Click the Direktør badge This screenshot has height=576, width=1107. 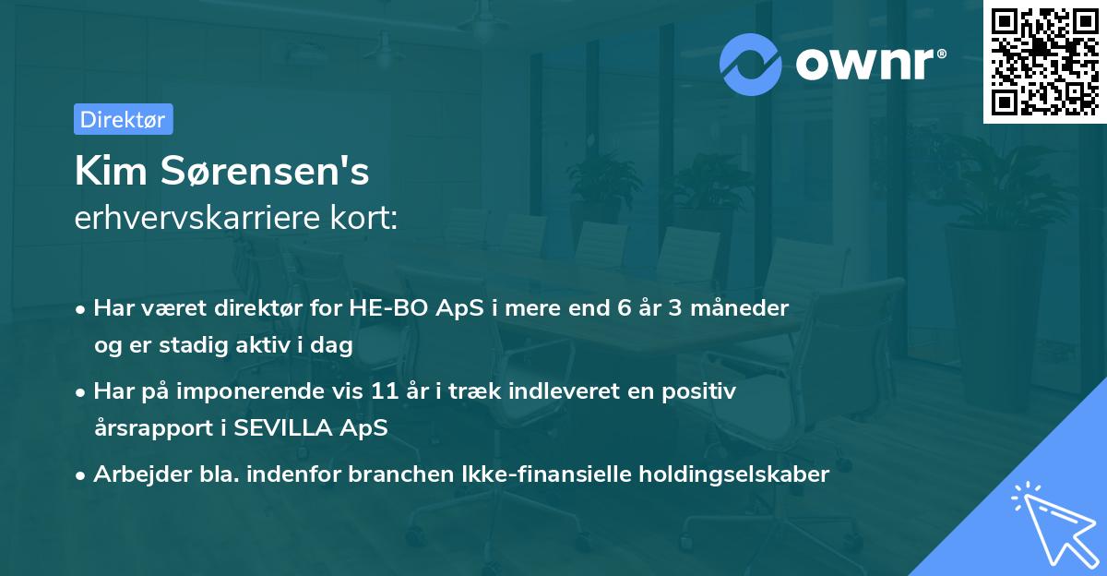point(123,119)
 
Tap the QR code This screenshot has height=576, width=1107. point(1045,62)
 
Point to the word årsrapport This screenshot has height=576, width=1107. point(149,428)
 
